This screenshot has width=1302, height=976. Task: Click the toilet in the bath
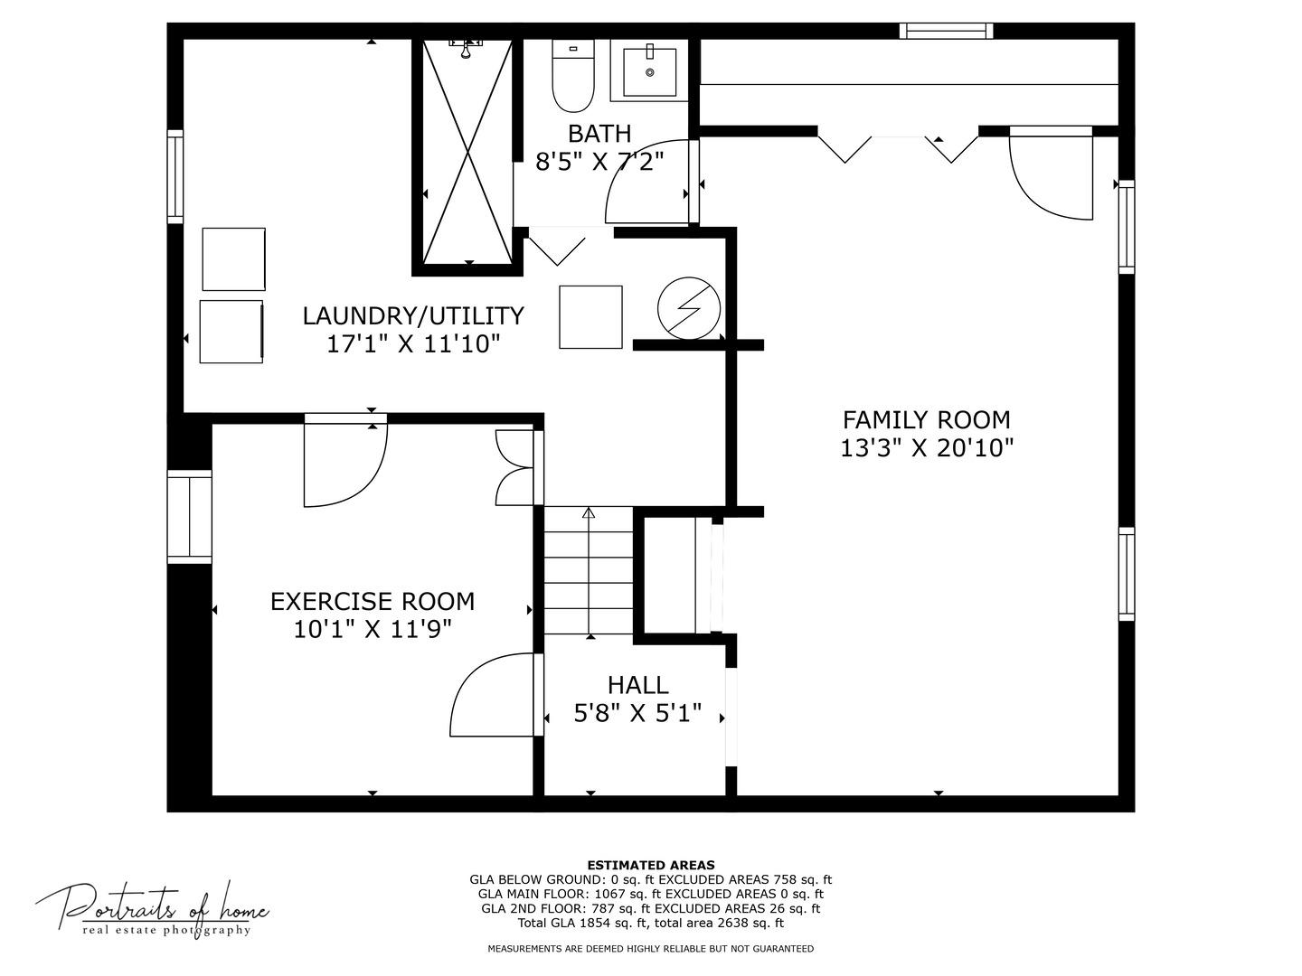click(x=572, y=76)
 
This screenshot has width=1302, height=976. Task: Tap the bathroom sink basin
click(x=649, y=71)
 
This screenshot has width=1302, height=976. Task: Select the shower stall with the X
click(x=467, y=152)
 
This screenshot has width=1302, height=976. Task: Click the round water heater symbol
click(x=689, y=308)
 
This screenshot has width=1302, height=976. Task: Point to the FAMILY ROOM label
click(x=927, y=420)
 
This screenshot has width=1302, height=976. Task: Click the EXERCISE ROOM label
click(x=373, y=602)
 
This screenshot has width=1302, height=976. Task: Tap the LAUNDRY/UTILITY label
click(x=413, y=316)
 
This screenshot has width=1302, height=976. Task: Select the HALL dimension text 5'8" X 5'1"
click(x=637, y=713)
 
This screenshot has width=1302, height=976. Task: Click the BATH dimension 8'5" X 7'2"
click(x=599, y=161)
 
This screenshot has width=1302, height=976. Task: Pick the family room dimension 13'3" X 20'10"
click(x=927, y=448)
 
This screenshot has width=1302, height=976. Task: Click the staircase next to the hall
click(x=589, y=570)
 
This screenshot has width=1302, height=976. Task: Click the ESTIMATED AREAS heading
click(x=651, y=865)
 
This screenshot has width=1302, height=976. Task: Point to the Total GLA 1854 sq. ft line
click(x=651, y=923)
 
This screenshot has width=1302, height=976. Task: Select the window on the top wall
click(x=946, y=31)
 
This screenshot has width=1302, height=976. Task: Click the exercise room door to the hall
click(x=495, y=695)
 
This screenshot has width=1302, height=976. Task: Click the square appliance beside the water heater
click(x=590, y=317)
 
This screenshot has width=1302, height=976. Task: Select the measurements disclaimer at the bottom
click(x=651, y=949)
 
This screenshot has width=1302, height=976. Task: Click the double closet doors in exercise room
click(x=514, y=467)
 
